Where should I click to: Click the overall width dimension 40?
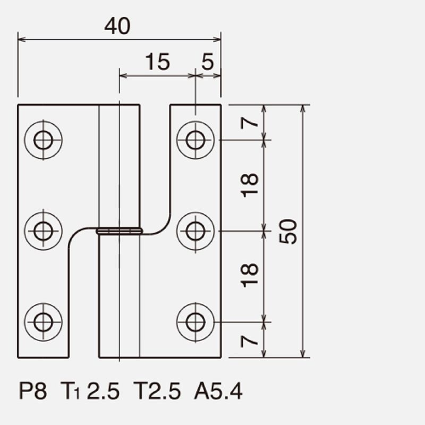click(117, 26)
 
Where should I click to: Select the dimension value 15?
click(158, 62)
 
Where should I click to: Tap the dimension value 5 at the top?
click(208, 62)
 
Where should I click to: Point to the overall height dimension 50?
click(288, 232)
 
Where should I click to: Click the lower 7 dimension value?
click(249, 341)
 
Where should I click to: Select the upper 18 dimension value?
click(249, 185)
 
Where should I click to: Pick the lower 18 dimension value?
click(249, 275)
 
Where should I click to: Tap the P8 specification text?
click(33, 391)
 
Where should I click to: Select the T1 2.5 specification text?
click(90, 391)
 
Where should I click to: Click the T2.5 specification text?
click(157, 391)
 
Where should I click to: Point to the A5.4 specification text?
click(218, 391)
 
